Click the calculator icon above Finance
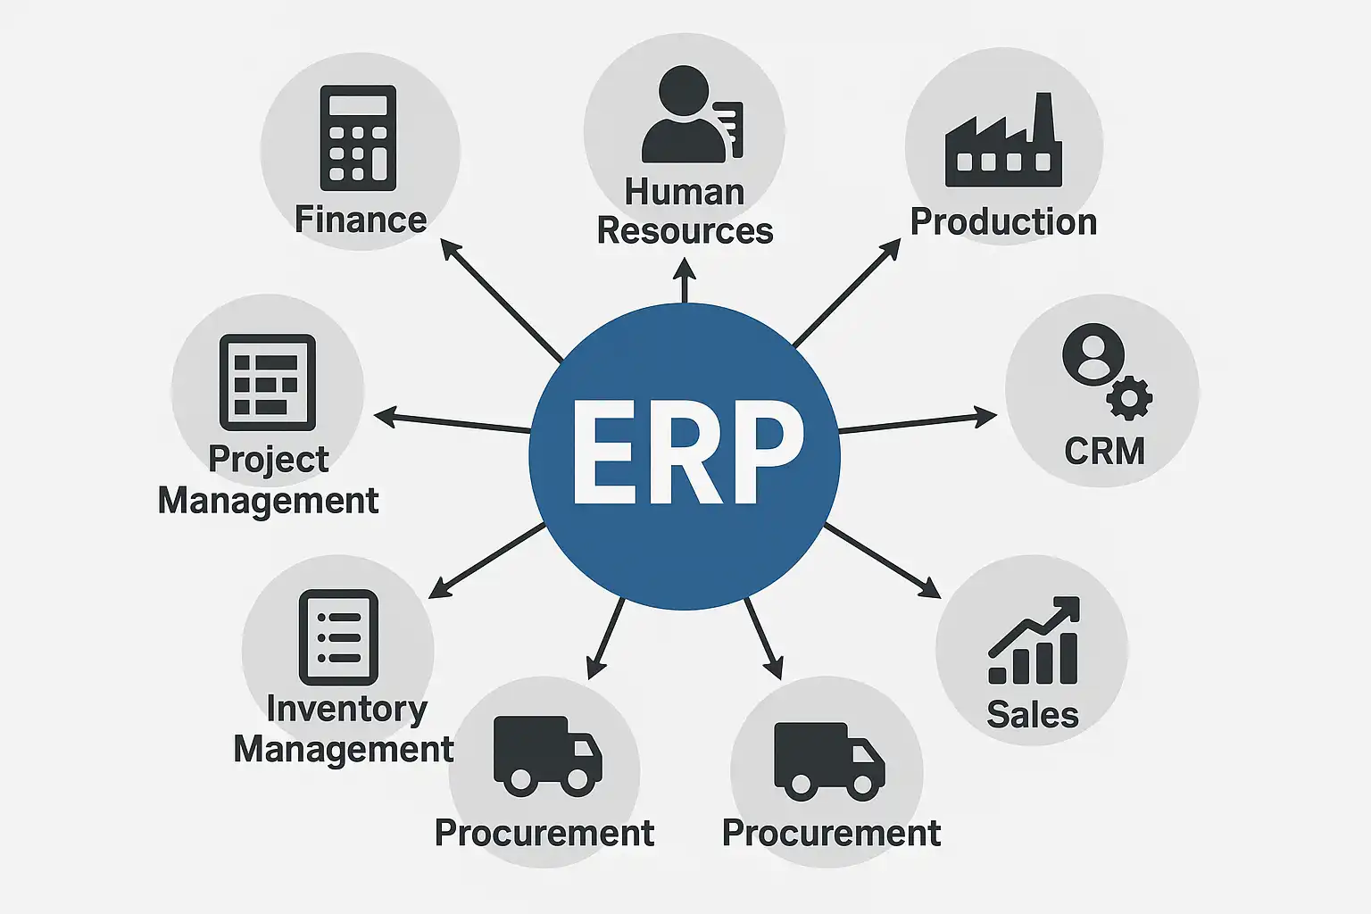tap(358, 137)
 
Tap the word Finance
tap(361, 220)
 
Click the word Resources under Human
tap(685, 231)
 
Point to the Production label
tap(1003, 222)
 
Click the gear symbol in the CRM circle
tap(1129, 398)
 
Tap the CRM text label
tap(1104, 452)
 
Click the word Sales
tap(1033, 715)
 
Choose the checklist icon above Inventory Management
tap(338, 637)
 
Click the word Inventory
tap(346, 709)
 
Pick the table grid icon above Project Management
tap(267, 382)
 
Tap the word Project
tap(268, 460)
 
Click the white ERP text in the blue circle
tap(686, 453)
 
